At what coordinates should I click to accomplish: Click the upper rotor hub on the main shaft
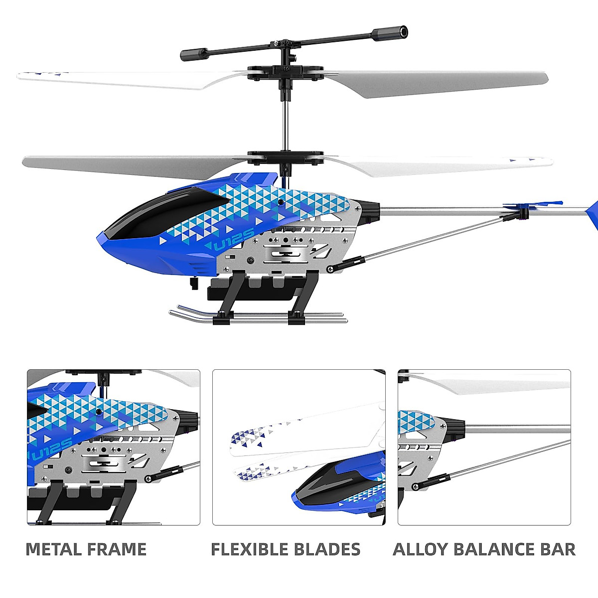[286, 73]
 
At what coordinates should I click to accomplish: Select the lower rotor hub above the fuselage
[286, 157]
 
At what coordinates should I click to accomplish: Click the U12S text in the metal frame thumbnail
[53, 446]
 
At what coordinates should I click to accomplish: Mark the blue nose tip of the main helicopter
[107, 239]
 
